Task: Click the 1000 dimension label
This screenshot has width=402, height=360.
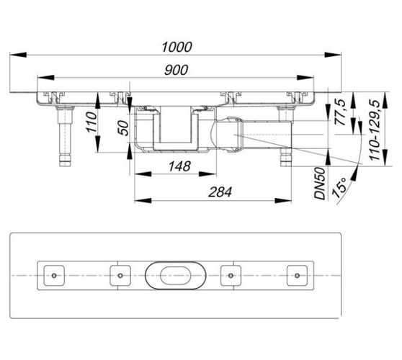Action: click(x=177, y=47)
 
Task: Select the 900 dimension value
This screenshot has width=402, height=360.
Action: click(x=176, y=70)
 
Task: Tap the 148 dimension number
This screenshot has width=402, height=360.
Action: click(x=179, y=166)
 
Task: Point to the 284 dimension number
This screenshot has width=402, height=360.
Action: click(x=220, y=192)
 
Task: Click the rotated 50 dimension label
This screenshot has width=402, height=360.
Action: click(x=122, y=127)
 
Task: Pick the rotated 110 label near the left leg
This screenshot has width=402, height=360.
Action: click(x=91, y=122)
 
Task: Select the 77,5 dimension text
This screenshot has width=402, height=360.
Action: click(x=340, y=112)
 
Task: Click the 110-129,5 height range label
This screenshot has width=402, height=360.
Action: click(x=375, y=130)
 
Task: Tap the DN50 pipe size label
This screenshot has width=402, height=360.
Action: click(x=320, y=184)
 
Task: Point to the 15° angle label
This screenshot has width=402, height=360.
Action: click(x=340, y=187)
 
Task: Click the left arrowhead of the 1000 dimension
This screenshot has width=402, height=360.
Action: click(x=18, y=55)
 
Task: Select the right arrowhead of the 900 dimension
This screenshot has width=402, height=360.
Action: click(x=305, y=77)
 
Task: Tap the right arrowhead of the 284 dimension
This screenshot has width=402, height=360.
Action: click(x=283, y=200)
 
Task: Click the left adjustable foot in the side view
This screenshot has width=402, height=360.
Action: click(x=65, y=136)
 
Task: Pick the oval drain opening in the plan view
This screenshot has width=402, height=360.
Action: click(x=175, y=276)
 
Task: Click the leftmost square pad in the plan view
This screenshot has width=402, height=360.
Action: click(x=54, y=276)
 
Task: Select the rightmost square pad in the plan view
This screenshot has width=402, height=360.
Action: click(x=297, y=276)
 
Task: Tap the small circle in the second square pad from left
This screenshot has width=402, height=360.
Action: click(x=120, y=276)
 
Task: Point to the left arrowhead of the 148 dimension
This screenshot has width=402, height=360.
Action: click(x=143, y=174)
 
